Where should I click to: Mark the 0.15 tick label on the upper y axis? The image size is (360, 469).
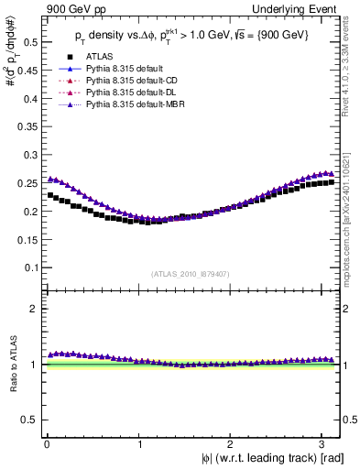pyautogui.click(x=28, y=239)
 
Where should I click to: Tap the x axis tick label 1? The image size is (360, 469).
pyautogui.click(x=139, y=443)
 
